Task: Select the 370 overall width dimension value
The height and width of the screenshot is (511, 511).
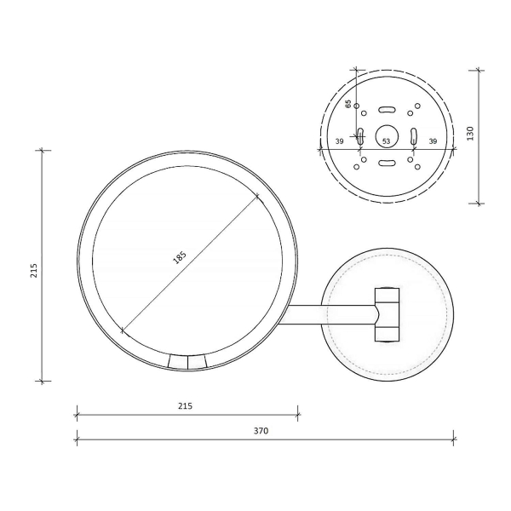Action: pyautogui.click(x=261, y=431)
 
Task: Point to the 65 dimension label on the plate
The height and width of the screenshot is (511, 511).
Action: pyautogui.click(x=348, y=104)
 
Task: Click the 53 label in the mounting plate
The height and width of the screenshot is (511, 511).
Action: pyautogui.click(x=386, y=141)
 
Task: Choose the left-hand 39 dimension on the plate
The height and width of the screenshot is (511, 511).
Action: pyautogui.click(x=339, y=141)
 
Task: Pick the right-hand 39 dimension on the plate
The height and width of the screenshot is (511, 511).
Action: pyautogui.click(x=433, y=141)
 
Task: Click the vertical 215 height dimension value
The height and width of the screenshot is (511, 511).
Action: pyautogui.click(x=33, y=271)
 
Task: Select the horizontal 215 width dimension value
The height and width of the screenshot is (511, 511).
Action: pyautogui.click(x=185, y=406)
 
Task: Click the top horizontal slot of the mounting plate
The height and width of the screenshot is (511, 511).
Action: pyautogui.click(x=386, y=109)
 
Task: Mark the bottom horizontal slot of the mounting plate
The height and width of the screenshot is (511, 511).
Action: pyautogui.click(x=386, y=163)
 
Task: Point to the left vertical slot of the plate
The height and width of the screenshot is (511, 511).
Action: pyautogui.click(x=360, y=135)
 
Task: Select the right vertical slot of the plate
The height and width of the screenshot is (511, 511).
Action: pyautogui.click(x=413, y=135)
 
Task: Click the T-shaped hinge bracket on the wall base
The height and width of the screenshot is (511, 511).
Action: pyautogui.click(x=388, y=314)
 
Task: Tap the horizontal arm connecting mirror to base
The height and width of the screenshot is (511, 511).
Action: pyautogui.click(x=332, y=314)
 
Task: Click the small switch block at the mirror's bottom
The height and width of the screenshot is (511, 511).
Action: pyautogui.click(x=187, y=363)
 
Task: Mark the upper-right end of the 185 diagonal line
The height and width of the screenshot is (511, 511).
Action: pyautogui.click(x=257, y=197)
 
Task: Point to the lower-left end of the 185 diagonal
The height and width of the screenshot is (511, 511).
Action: pyautogui.click(x=124, y=330)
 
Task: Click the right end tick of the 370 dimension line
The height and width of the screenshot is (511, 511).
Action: pyautogui.click(x=453, y=440)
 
